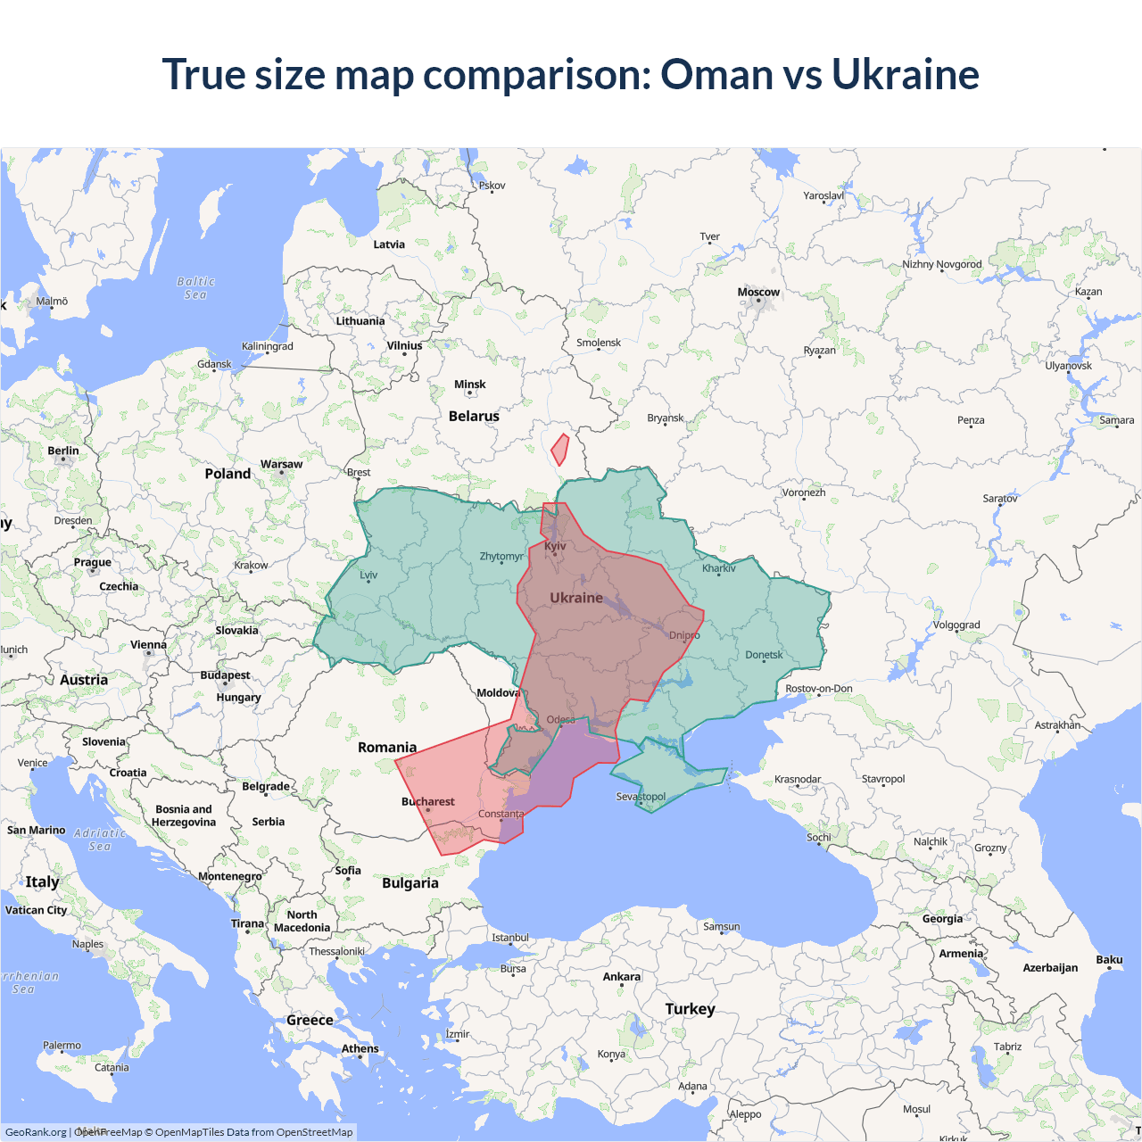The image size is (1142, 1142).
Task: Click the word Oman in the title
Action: pos(716,74)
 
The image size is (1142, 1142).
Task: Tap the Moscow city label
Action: pos(758,292)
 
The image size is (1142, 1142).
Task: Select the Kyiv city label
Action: pos(555,546)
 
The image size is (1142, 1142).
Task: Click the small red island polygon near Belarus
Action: pos(559,450)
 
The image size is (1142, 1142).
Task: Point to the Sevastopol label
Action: pos(641,796)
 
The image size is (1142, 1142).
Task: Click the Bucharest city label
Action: pos(427,801)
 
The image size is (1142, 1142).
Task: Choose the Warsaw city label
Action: pos(281,464)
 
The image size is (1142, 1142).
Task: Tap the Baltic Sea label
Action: pos(195,288)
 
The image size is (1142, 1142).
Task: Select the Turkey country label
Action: pos(690,1008)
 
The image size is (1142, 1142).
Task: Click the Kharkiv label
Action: pos(718,568)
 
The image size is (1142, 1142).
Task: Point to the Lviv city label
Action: pos(368,575)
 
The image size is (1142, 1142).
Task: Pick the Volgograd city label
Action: pos(956,625)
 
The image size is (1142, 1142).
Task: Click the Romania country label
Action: pos(386,747)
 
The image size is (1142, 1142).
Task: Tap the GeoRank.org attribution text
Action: pos(36,1132)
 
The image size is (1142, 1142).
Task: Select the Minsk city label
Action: pos(469,385)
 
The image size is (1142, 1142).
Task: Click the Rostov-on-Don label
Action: pos(818,688)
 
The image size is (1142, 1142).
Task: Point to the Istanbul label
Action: pos(510,938)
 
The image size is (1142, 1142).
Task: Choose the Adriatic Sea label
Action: pos(100,840)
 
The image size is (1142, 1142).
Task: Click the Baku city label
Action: pos(1109,960)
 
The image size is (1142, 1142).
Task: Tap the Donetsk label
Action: pos(764,655)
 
